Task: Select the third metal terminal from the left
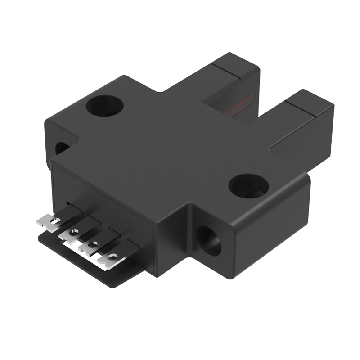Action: pos(89,245)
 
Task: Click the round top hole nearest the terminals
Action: pos(248,185)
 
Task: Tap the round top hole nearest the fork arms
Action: pos(105,106)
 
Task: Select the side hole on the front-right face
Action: pos(209,241)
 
